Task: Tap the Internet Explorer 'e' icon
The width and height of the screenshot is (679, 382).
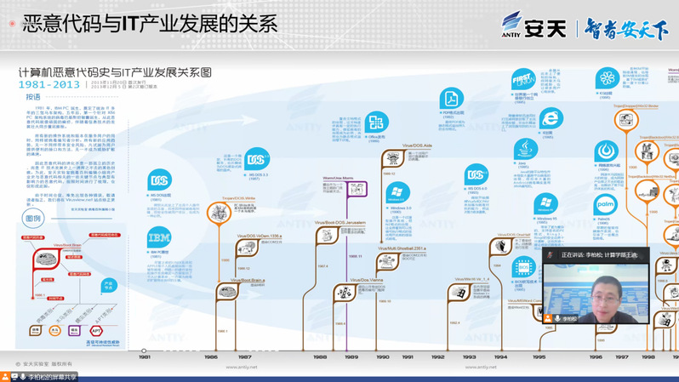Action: click(551, 118)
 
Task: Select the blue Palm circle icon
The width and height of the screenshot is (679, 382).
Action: click(605, 205)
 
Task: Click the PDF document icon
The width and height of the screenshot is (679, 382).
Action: click(450, 98)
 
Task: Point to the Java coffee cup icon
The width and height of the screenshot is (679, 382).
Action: click(525, 148)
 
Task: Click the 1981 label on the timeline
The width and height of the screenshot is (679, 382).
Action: click(144, 357)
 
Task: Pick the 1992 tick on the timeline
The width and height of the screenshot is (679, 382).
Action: click(437, 357)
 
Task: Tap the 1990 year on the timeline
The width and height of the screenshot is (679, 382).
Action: click(383, 357)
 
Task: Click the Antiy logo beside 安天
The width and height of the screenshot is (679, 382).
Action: click(512, 24)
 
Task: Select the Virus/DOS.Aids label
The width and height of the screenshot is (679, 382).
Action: click(416, 145)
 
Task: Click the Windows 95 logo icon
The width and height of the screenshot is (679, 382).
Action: click(545, 204)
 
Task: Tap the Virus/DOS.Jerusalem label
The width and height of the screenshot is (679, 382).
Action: click(345, 223)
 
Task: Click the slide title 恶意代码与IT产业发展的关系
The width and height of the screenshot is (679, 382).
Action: click(148, 23)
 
